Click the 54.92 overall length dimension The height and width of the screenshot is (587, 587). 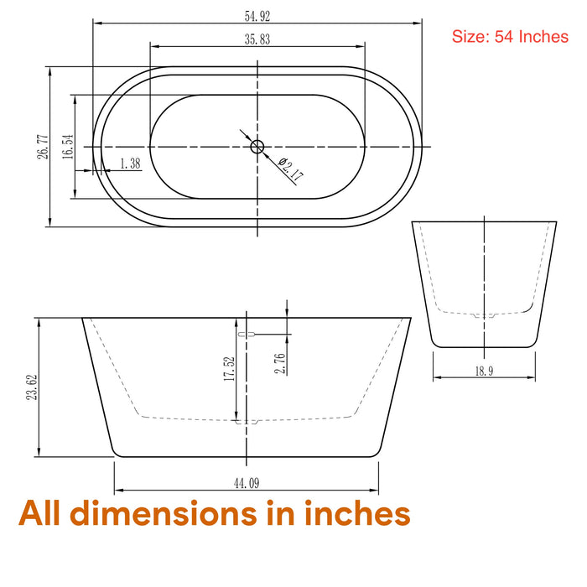pyautogui.click(x=257, y=16)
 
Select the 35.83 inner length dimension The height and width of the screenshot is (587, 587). pyautogui.click(x=257, y=39)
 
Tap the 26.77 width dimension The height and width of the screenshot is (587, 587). pyautogui.click(x=43, y=147)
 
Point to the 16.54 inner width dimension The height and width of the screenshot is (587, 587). pyautogui.click(x=68, y=147)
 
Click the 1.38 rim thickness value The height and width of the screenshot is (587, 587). pyautogui.click(x=130, y=164)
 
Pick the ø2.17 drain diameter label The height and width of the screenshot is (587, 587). pyautogui.click(x=291, y=169)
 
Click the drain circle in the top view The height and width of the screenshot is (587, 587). pyautogui.click(x=257, y=147)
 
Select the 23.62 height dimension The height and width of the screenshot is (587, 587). pyautogui.click(x=32, y=387)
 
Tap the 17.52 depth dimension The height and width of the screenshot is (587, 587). pyautogui.click(x=229, y=369)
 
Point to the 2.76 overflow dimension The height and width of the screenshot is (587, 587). pyautogui.click(x=280, y=363)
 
